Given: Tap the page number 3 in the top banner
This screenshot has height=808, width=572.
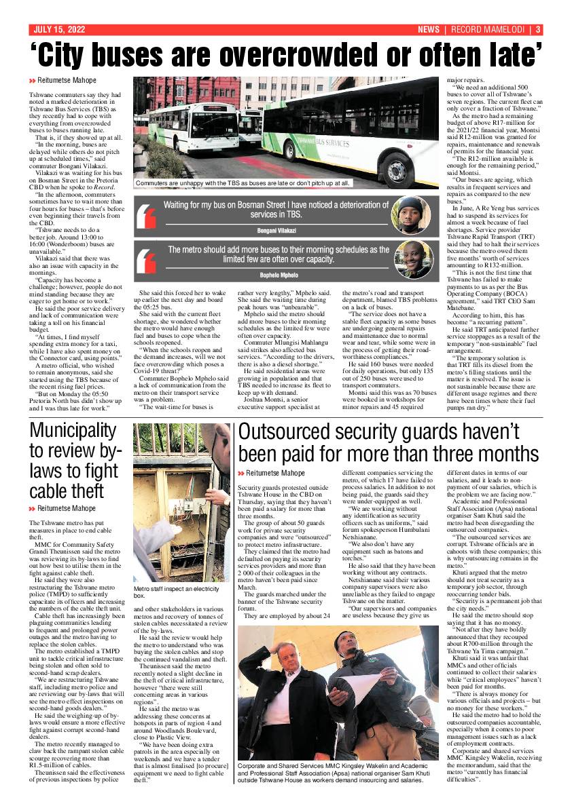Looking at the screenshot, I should click(x=537, y=30).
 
